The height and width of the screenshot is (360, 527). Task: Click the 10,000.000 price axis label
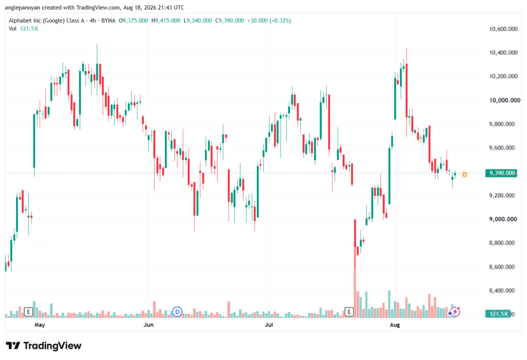[x=504, y=100]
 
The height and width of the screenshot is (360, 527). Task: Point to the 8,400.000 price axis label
[x=502, y=290]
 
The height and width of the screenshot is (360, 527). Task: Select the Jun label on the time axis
[x=148, y=324]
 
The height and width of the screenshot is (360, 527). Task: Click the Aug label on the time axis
[x=395, y=324]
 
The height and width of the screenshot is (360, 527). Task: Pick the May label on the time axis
[x=40, y=324]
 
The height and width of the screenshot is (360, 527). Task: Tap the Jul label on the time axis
[x=269, y=324]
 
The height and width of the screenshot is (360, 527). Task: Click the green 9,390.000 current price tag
[x=501, y=173]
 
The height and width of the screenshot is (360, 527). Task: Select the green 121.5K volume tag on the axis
[x=498, y=314]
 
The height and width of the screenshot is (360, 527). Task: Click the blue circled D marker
[x=177, y=312]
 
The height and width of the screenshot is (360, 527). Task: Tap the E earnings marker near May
[x=29, y=312]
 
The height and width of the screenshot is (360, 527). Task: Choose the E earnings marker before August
[x=349, y=312]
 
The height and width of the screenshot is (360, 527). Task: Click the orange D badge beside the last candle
[x=465, y=174]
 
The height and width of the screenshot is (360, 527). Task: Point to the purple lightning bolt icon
[x=455, y=312]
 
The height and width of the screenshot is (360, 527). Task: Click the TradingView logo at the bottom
[x=44, y=346]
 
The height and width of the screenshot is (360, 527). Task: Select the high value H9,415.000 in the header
[x=166, y=21]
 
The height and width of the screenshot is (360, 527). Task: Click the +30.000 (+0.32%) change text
[x=269, y=21]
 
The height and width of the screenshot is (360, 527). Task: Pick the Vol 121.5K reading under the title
[x=24, y=29]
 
